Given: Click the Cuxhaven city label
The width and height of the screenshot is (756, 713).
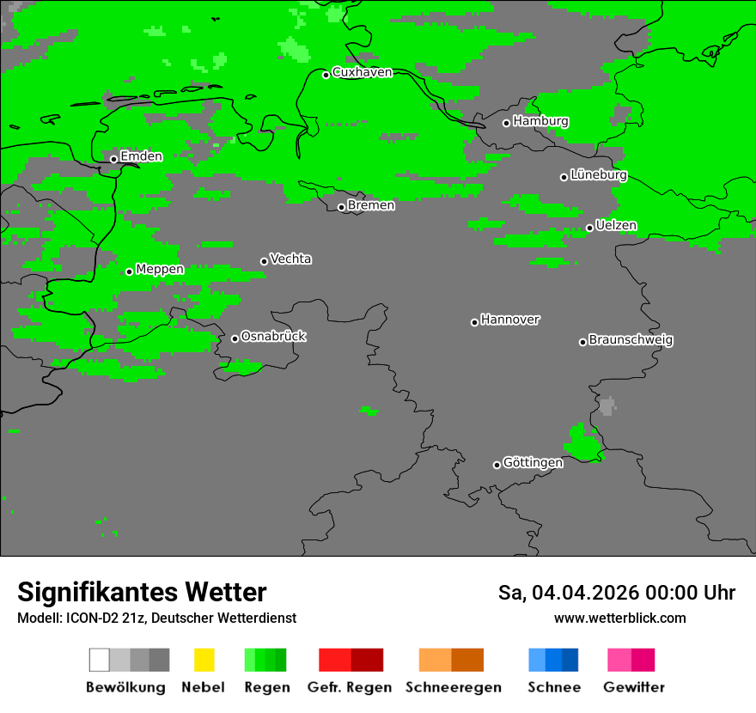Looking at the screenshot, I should tap(362, 72).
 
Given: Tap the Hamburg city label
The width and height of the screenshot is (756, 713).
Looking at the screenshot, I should tap(540, 121).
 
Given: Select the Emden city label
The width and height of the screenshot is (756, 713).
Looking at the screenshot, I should tap(141, 156).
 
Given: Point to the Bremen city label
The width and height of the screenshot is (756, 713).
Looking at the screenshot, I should tap(371, 205).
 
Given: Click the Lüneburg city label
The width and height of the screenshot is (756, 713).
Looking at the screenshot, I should tap(598, 175).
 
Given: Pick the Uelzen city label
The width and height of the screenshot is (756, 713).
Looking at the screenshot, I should tap(616, 226).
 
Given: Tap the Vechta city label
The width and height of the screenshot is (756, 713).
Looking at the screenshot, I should tap(290, 259).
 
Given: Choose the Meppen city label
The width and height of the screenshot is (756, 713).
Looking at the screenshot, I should tap(160, 270).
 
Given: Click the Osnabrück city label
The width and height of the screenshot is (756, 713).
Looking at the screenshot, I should tap(273, 337).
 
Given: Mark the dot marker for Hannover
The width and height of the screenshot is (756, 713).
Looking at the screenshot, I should tap(474, 322).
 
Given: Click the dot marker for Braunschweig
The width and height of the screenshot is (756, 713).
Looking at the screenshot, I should tap(582, 342).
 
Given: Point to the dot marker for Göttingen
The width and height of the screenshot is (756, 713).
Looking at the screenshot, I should tap(497, 465).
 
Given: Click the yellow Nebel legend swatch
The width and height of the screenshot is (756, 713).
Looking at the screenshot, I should tap(204, 660).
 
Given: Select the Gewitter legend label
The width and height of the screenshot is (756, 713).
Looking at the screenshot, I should tap(634, 687).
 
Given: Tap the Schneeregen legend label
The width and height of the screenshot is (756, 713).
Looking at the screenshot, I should tap(453, 687).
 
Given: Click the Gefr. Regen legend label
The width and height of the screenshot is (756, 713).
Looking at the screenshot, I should tap(350, 687).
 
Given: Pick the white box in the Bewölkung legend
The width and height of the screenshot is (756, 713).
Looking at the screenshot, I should tap(100, 660).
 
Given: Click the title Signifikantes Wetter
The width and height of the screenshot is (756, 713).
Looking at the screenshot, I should tap(142, 592).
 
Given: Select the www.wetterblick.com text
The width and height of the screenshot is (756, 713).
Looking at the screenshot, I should tap(619, 618).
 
